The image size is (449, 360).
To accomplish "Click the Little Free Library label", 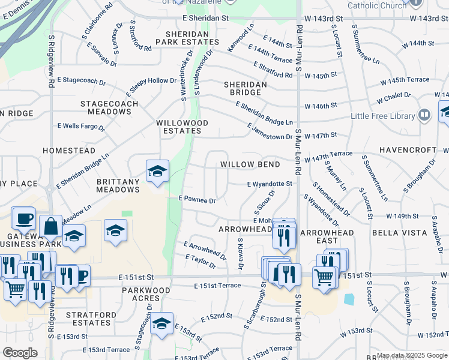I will coord(385,116).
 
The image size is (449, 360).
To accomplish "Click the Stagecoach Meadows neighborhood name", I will coord(113,107).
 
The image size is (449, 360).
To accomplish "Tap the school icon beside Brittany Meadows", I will coord(157,172).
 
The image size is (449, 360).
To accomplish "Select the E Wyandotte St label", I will coord(270,184).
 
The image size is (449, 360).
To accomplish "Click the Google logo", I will coord(20,353).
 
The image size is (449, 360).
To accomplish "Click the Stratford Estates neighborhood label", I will coord(88,318).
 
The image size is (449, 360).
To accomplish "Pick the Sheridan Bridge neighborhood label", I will coord(246,89).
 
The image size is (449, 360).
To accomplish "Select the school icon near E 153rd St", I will coord(161,324).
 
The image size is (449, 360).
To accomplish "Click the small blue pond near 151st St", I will coord(349,298).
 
